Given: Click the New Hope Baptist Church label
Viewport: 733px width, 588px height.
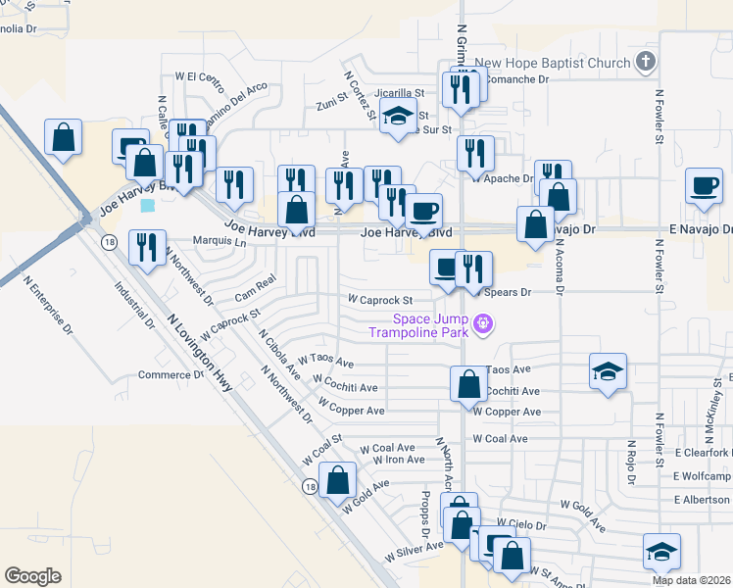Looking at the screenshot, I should click(x=553, y=64).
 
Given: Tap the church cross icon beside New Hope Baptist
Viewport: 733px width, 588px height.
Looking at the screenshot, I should click(x=645, y=63).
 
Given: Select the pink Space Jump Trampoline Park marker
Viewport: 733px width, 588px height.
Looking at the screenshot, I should click(x=481, y=322).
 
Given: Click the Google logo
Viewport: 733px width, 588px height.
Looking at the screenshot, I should click(x=32, y=576).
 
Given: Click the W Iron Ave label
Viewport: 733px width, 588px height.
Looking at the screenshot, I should click(x=391, y=460).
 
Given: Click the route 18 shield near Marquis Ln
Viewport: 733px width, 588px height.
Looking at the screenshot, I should click(x=108, y=241).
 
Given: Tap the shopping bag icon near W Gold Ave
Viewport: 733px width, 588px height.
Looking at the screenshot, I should click(x=337, y=481).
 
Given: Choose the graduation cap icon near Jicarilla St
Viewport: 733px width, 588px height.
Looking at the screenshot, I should click(x=398, y=120).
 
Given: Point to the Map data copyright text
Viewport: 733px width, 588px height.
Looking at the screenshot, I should click(x=692, y=580).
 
